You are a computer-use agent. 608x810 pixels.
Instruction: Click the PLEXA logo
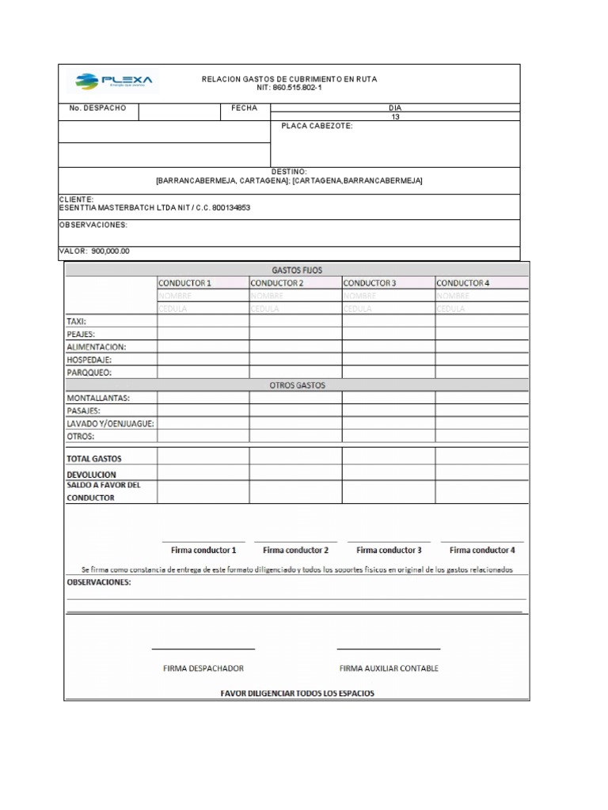(116, 81)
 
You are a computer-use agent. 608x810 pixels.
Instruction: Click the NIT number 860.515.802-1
(289, 88)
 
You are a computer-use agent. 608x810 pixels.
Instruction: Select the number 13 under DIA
(395, 116)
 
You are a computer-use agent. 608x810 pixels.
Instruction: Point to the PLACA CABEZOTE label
(317, 126)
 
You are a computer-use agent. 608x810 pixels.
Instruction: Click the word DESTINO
(289, 172)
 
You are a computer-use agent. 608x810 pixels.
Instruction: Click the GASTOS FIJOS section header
(297, 270)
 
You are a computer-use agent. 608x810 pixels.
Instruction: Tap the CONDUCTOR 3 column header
(370, 282)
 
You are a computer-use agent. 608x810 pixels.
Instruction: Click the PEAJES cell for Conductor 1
(203, 334)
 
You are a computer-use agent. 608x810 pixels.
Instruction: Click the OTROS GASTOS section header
(297, 385)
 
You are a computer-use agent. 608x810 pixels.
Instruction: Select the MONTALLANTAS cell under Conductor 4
(481, 398)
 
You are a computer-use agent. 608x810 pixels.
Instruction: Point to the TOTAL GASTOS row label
(94, 458)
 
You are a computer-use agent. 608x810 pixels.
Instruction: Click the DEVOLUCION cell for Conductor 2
(295, 472)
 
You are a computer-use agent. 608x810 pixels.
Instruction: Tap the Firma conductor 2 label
(295, 550)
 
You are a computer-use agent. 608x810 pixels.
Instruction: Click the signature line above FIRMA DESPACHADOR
(203, 649)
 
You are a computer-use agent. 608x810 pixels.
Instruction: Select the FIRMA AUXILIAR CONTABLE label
(389, 668)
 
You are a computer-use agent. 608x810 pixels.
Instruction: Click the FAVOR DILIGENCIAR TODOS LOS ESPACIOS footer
(297, 693)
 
